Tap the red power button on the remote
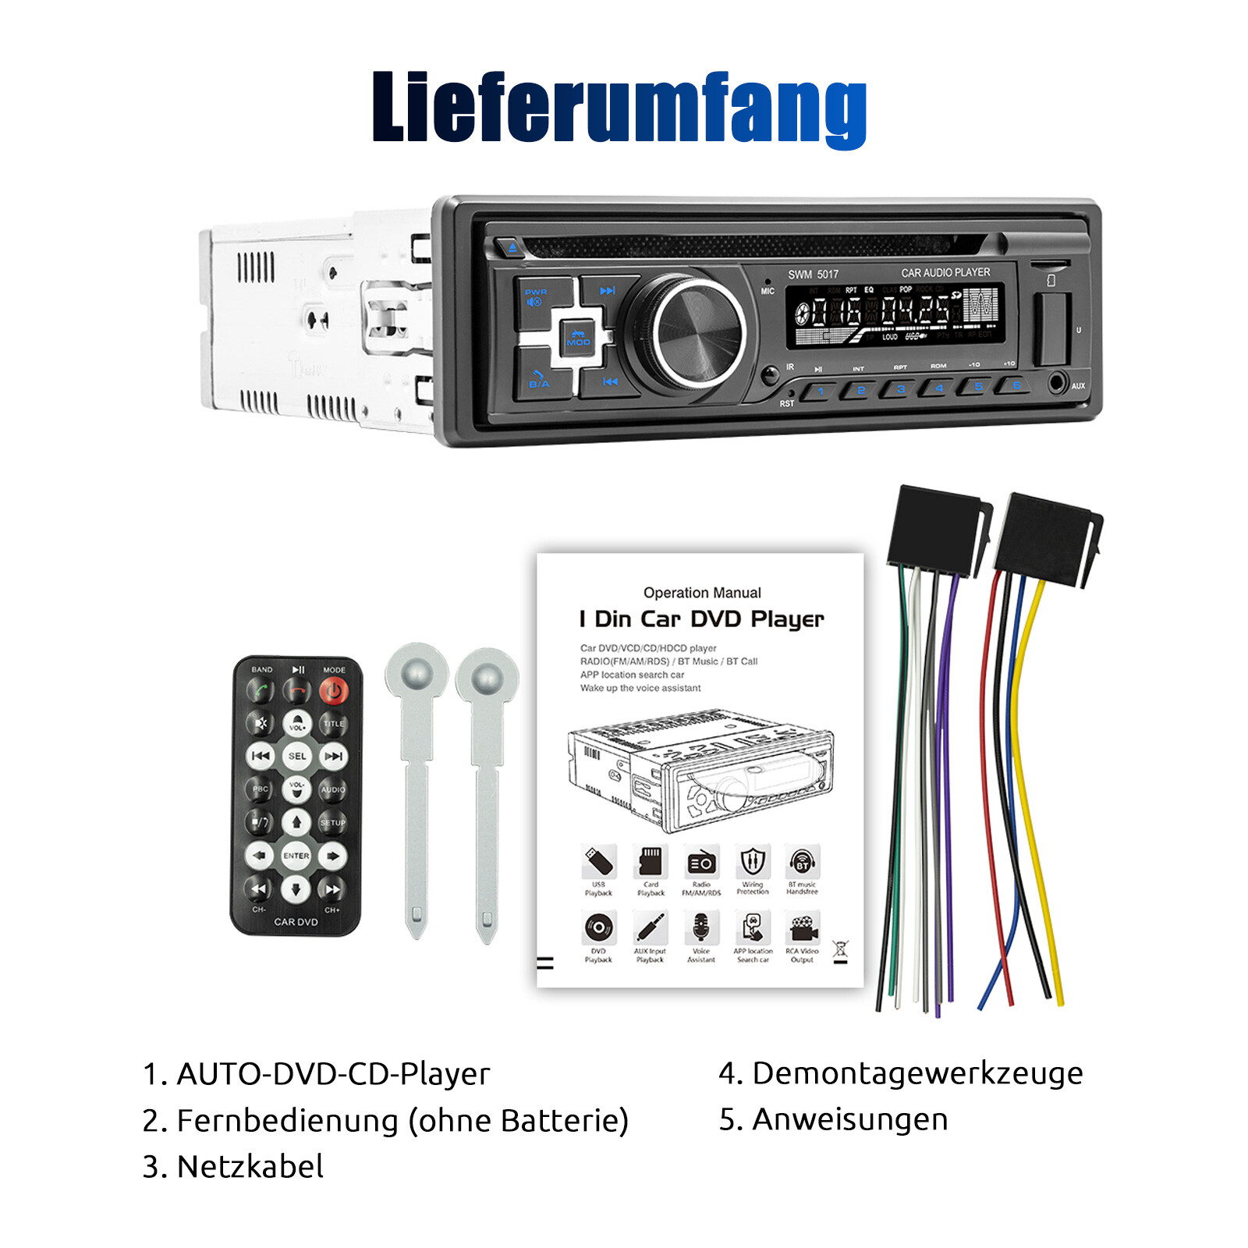click(334, 690)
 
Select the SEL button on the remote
click(296, 756)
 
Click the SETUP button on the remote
click(332, 823)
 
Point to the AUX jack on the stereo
click(1057, 383)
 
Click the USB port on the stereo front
click(1051, 328)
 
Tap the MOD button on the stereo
click(578, 337)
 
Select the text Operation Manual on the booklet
click(702, 593)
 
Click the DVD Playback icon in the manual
click(598, 928)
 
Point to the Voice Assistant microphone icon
click(701, 928)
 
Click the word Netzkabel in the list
click(250, 1167)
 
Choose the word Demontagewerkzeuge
click(917, 1073)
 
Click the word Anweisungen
click(850, 1119)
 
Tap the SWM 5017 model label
click(813, 275)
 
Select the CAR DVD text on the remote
click(296, 922)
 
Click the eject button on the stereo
click(512, 248)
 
